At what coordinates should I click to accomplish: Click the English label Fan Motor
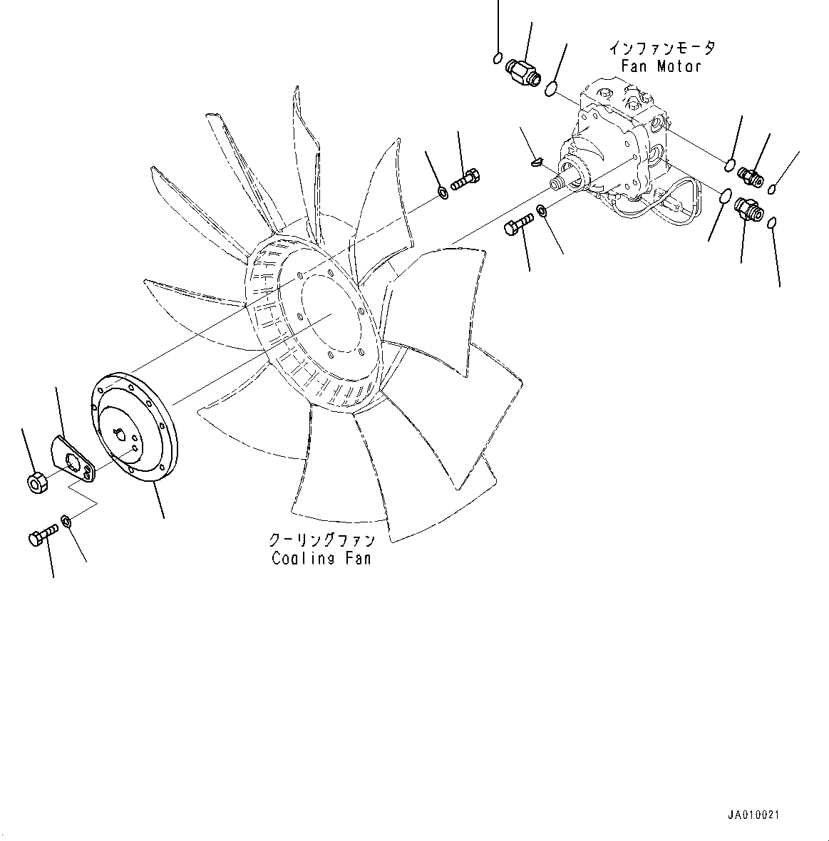(x=660, y=66)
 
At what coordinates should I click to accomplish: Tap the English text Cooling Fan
(x=321, y=558)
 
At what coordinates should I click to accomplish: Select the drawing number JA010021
(x=758, y=815)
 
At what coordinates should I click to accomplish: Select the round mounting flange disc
(x=135, y=428)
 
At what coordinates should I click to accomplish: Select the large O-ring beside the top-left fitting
(x=551, y=89)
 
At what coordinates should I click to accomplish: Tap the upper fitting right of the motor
(x=751, y=177)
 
